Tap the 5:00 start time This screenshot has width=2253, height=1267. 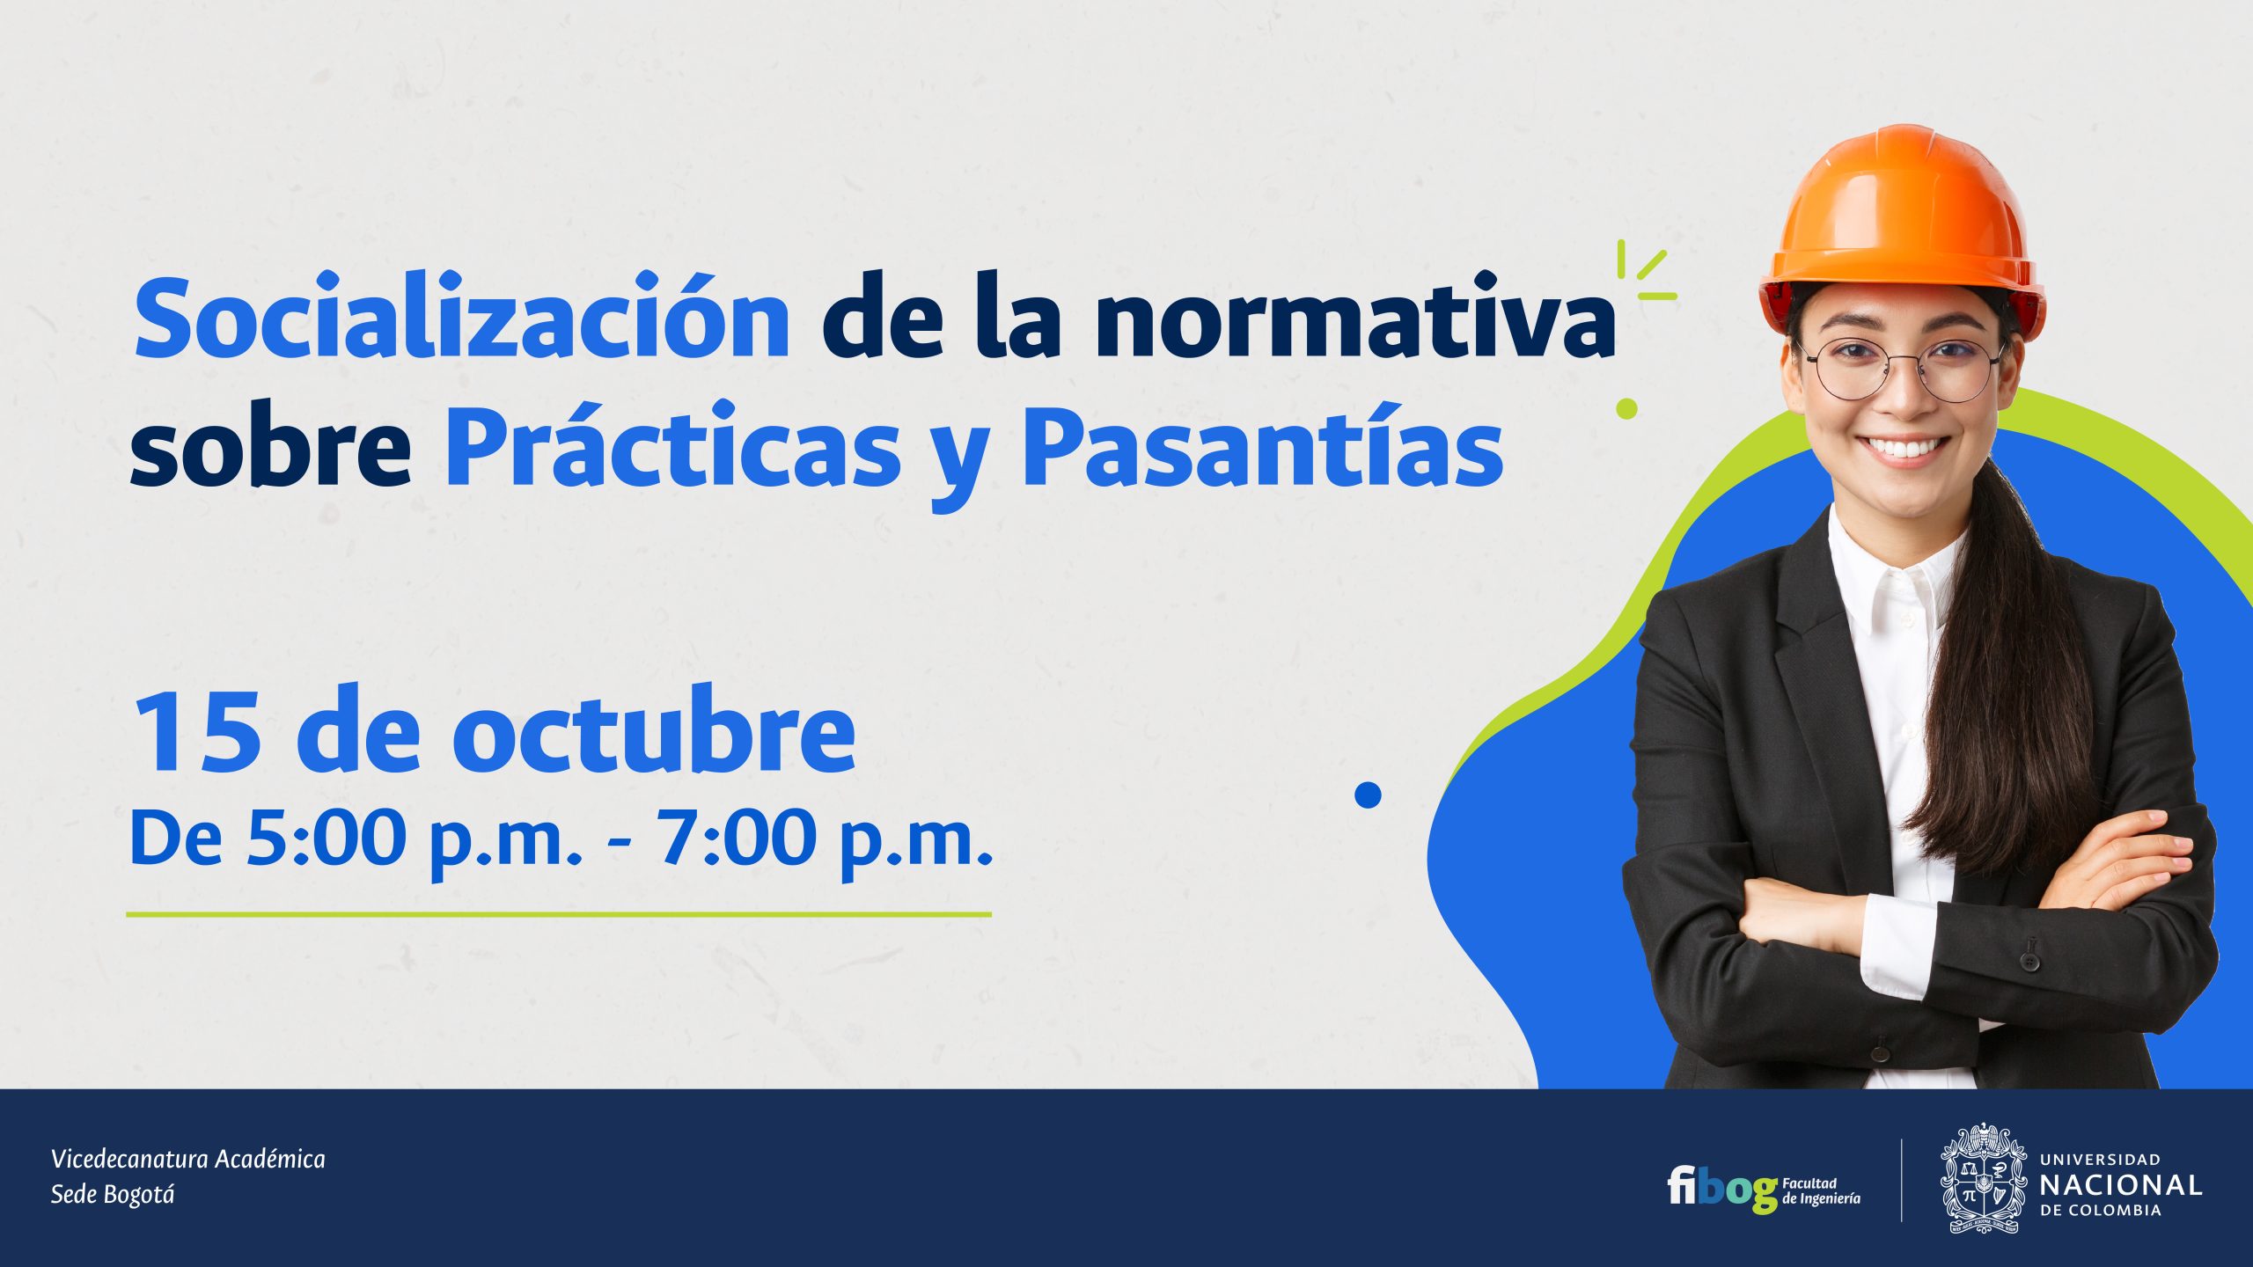point(326,837)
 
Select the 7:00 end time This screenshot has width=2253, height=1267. point(737,837)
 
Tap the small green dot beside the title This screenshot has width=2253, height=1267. point(1626,408)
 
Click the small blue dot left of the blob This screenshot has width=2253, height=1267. point(1368,795)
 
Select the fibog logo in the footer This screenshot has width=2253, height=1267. point(1764,1190)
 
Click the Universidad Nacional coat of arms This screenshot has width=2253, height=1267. point(1984,1177)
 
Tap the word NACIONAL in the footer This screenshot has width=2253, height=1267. point(2121,1184)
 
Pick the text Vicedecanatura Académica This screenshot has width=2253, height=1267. point(188,1159)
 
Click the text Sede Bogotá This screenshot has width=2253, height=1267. point(113,1194)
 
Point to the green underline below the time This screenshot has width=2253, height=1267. point(559,914)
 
